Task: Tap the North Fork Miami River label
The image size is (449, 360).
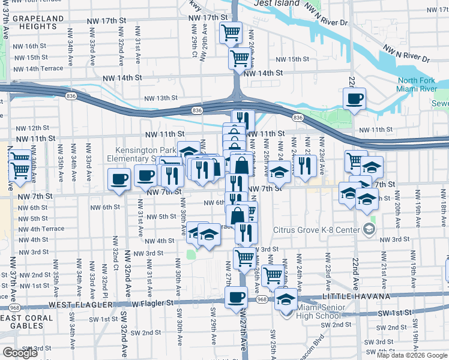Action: [x=416, y=85]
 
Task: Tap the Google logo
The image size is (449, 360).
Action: [x=20, y=353]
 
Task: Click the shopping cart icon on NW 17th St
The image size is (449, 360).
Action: [x=231, y=32]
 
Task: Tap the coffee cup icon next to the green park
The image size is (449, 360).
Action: [x=354, y=98]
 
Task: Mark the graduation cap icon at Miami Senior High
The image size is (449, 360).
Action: [x=286, y=298]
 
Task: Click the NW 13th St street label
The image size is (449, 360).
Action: [x=160, y=98]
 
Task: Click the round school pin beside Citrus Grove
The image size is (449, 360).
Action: [x=367, y=229]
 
